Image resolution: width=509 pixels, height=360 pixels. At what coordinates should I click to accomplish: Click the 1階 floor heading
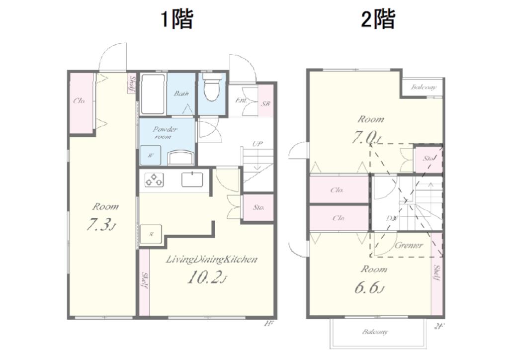[176, 20]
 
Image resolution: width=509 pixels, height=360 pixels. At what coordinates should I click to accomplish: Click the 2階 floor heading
[378, 20]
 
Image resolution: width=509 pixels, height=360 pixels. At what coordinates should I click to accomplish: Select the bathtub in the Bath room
[152, 94]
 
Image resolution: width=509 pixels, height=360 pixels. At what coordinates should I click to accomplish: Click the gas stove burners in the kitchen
[154, 180]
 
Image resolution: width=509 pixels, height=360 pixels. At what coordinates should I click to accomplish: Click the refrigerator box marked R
[151, 235]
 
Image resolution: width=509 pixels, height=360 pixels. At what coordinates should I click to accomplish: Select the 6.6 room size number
[368, 287]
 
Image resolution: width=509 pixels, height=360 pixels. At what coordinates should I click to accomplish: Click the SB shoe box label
[266, 103]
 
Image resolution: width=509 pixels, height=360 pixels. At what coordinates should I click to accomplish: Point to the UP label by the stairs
[257, 144]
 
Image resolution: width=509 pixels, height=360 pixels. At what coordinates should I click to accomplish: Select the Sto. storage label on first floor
[258, 207]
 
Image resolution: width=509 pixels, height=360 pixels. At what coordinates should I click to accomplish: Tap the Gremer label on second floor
[409, 245]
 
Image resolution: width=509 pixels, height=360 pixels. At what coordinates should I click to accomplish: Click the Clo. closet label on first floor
[80, 100]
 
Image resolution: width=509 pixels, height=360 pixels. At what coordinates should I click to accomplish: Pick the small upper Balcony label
[424, 87]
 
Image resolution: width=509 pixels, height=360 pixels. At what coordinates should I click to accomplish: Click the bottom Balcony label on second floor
[375, 332]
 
